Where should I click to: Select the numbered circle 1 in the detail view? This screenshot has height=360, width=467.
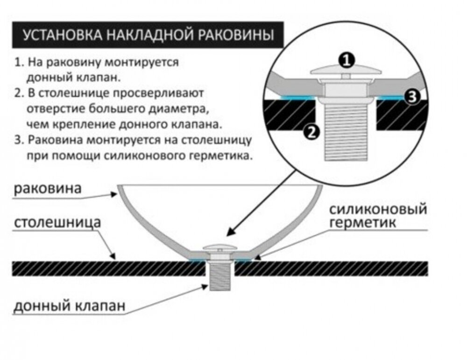coord(346,60)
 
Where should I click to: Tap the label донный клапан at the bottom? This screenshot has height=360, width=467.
coord(69,306)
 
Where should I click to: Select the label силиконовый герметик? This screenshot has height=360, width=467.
coord(378,215)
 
